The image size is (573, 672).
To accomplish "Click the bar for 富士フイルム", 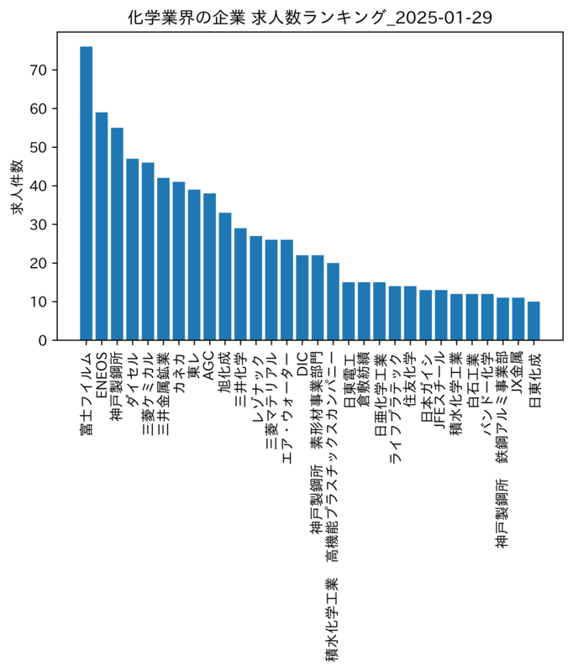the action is click(87, 193).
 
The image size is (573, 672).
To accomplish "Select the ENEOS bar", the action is click(102, 226).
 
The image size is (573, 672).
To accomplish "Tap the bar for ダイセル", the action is click(133, 249).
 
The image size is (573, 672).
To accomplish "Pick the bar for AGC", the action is click(209, 266).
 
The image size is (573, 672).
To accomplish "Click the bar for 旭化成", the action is click(225, 276).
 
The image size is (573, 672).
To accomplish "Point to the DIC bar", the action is click(302, 298).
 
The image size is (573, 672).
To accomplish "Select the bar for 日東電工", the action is click(349, 311).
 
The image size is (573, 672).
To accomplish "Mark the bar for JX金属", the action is click(518, 319).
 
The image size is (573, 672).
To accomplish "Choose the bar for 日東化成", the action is click(534, 321).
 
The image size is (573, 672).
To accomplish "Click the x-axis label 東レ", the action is click(194, 365).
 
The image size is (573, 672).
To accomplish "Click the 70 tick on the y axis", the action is click(38, 70).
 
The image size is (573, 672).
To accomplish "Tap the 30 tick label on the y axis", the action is click(38, 224).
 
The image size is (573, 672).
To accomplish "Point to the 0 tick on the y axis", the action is click(42, 340).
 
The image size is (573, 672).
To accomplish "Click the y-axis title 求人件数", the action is click(17, 186).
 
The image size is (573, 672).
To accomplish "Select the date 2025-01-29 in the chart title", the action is click(443, 18).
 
